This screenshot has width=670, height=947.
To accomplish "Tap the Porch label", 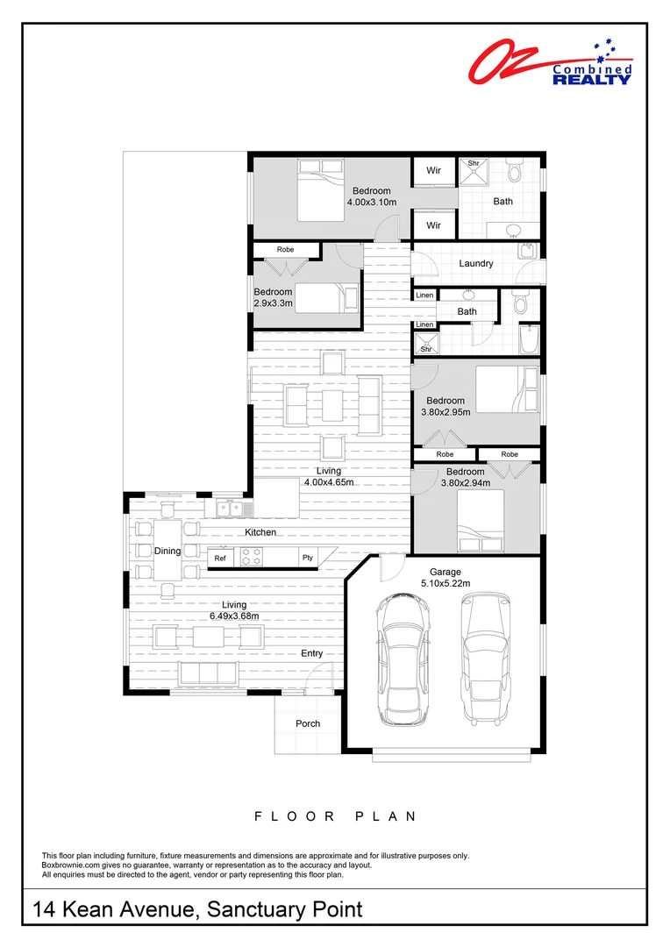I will pyautogui.click(x=308, y=723).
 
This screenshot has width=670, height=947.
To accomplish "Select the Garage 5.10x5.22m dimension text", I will pyautogui.click(x=445, y=583).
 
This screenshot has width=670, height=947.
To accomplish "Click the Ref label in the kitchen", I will pyautogui.click(x=220, y=558).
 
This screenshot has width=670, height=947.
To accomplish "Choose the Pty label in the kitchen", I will pyautogui.click(x=308, y=558).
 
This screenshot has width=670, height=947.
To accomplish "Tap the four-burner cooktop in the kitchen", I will pyautogui.click(x=252, y=557).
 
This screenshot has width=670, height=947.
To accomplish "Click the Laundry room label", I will pyautogui.click(x=475, y=263).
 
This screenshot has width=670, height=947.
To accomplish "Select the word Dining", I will pyautogui.click(x=167, y=551).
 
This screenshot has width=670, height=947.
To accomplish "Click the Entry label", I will pyautogui.click(x=311, y=653).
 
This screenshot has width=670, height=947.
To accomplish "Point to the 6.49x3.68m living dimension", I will pyautogui.click(x=234, y=616).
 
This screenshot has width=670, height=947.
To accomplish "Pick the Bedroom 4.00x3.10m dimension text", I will pyautogui.click(x=371, y=202).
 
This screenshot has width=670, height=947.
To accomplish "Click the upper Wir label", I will pyautogui.click(x=433, y=171).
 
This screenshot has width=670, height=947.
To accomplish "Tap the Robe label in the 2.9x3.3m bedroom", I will pyautogui.click(x=285, y=250).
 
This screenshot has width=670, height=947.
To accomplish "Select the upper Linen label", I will pyautogui.click(x=424, y=295).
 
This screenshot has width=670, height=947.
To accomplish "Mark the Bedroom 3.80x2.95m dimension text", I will pyautogui.click(x=445, y=411).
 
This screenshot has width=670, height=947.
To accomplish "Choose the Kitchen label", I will pyautogui.click(x=260, y=532).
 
